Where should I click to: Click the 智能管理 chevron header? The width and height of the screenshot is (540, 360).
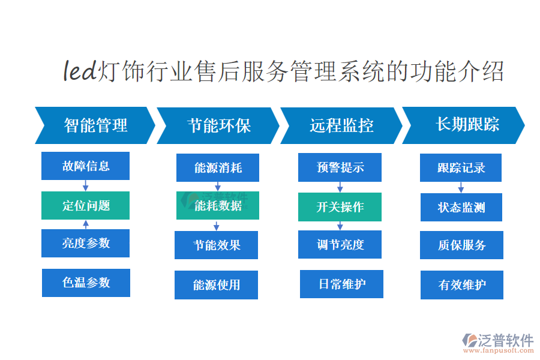tap(95, 125)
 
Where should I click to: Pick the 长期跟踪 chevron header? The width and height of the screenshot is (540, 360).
tap(464, 125)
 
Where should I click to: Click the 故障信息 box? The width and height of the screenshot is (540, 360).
tap(85, 166)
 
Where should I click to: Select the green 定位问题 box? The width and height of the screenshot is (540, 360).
tap(85, 205)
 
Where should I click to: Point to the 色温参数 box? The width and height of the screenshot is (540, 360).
tap(86, 283)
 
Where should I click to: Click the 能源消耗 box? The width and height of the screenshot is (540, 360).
tap(218, 168)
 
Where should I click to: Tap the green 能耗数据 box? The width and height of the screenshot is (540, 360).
tap(218, 206)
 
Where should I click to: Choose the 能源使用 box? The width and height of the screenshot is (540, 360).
tap(216, 285)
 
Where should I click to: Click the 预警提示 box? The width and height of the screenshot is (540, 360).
tap(340, 167)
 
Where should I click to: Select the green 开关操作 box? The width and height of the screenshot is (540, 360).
tap(340, 207)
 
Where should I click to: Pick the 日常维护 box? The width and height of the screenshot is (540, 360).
tap(341, 284)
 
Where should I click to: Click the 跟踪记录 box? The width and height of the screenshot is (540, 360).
tap(461, 168)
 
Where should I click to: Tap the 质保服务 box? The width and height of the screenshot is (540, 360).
tap(461, 245)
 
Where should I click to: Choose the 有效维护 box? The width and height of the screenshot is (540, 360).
tap(462, 285)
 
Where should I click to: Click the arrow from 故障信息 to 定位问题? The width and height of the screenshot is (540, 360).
tap(85, 185)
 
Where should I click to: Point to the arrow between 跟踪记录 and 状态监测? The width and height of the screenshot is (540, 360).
tap(461, 187)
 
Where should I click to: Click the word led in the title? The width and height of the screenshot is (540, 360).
tap(80, 71)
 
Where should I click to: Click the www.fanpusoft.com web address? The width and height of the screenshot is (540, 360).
tap(499, 350)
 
